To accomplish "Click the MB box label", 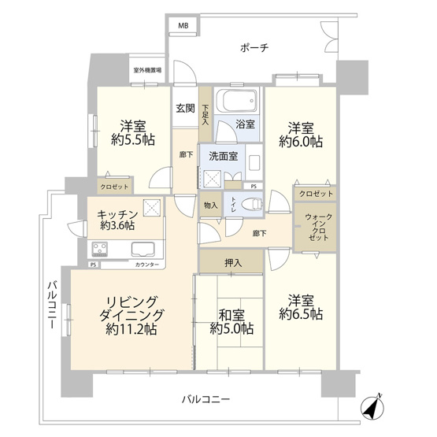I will tap(183, 26).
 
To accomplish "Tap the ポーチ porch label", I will tap(254, 48).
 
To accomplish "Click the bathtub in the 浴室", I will tap(237, 102).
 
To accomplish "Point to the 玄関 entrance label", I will tap(186, 109).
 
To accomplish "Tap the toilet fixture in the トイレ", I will tap(251, 202).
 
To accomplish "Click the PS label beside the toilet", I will tap(253, 186).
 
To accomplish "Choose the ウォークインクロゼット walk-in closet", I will tap(317, 228).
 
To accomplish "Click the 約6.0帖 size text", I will tap(300, 143).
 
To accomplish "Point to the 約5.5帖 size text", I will tap(131, 140).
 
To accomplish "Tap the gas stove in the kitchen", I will tap(101, 251).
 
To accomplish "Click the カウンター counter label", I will tap(147, 265).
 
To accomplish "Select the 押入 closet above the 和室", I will tap(231, 262).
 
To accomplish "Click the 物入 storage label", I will tap(211, 206).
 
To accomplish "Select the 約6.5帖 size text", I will tap(301, 314).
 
